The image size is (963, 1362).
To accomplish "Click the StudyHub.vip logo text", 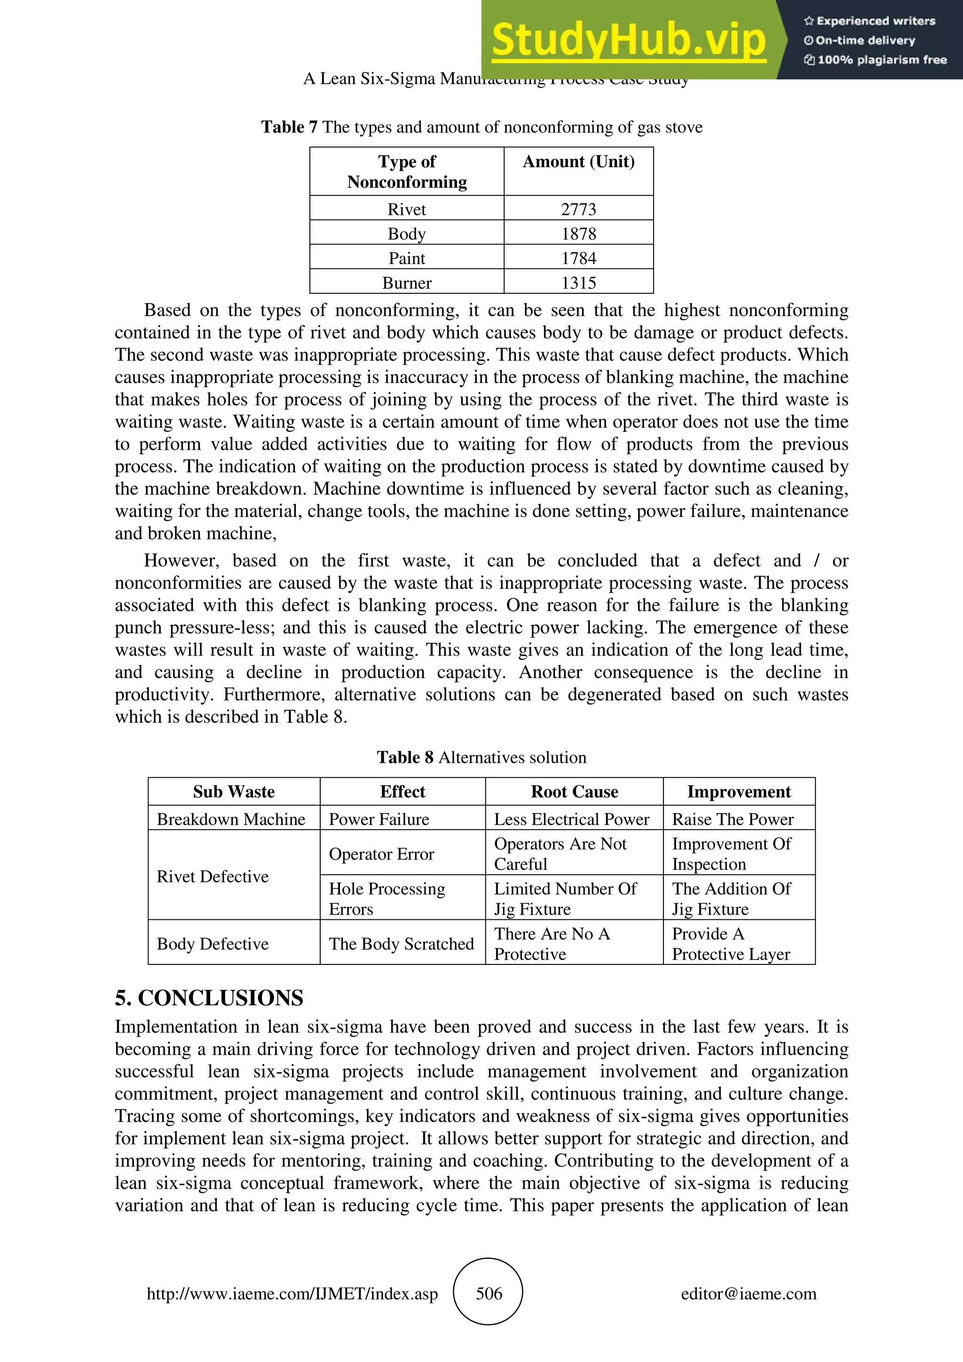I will [x=629, y=40].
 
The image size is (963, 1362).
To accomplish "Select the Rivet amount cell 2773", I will [x=578, y=209].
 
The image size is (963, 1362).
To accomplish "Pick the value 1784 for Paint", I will [x=578, y=258].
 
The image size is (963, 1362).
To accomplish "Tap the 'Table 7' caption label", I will [x=289, y=127].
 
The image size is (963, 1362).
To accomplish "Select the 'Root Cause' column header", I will [x=574, y=791].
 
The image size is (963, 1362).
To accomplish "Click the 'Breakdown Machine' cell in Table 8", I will [x=231, y=819].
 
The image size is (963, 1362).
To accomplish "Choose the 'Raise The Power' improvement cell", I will [x=732, y=819].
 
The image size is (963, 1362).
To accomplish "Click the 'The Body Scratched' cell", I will [x=401, y=943].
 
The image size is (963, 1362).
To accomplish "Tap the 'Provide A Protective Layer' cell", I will [x=731, y=944].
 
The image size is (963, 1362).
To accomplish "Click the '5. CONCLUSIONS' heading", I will [x=209, y=998].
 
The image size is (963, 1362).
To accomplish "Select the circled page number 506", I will [x=489, y=1293].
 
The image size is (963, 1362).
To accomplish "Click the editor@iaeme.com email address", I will [x=748, y=1293].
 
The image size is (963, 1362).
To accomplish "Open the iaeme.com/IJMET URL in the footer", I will [x=292, y=1293].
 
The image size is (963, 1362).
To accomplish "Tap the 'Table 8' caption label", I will [x=405, y=758].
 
